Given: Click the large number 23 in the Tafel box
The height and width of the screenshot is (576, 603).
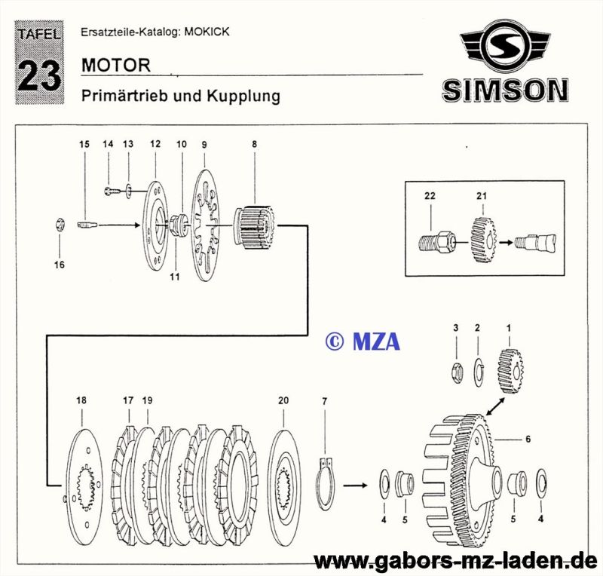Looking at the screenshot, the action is tap(39, 75).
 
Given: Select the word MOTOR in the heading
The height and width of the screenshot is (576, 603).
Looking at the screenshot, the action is tap(116, 66).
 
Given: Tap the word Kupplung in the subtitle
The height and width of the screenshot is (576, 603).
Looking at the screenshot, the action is tap(243, 96).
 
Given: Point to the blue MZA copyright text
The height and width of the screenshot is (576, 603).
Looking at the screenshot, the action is tap(363, 342).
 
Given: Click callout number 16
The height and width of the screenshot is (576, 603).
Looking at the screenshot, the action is tap(60, 265).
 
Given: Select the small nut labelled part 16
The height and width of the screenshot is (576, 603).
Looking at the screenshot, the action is tap(60, 224).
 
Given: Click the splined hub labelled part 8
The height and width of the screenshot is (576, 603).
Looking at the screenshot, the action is tap(254, 227).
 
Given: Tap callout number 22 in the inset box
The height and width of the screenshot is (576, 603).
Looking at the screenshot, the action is tap(430, 196).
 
